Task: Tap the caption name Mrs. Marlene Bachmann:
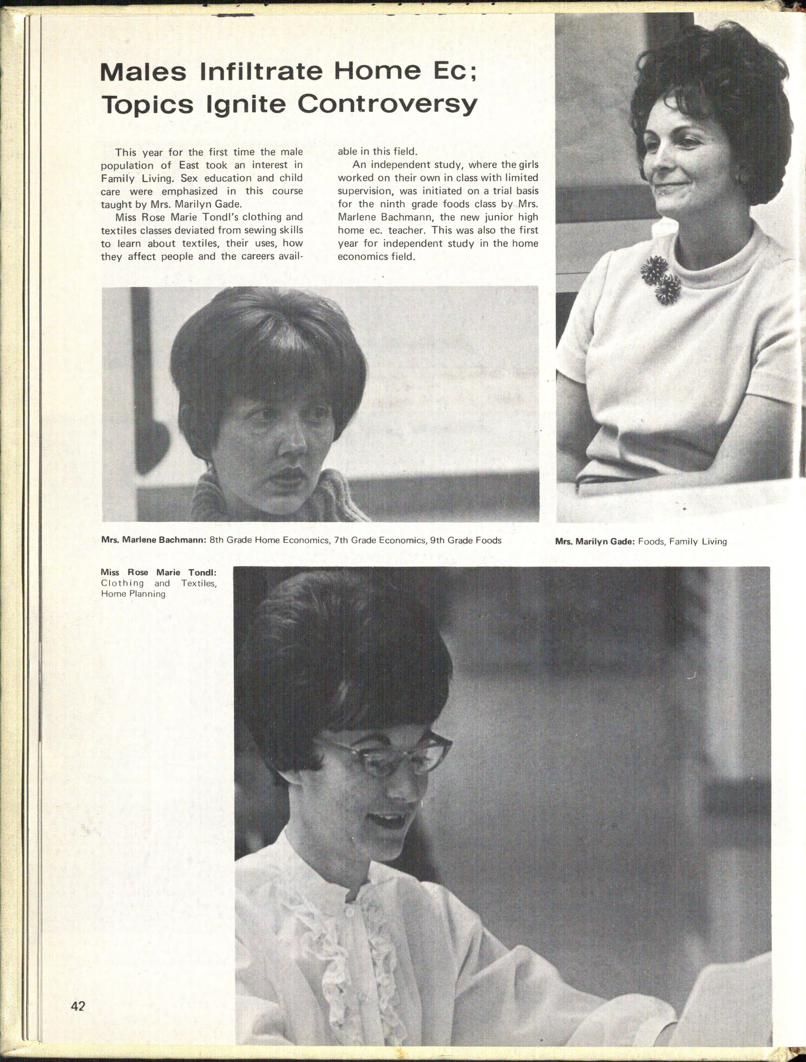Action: (154, 540)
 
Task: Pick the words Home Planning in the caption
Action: (133, 594)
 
